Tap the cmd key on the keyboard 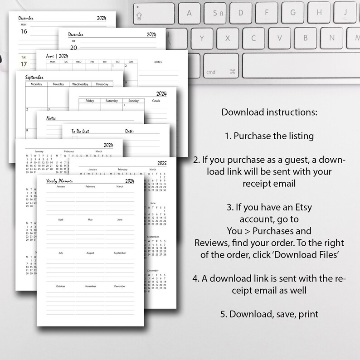click(x=221, y=66)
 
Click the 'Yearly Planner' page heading click(x=59, y=181)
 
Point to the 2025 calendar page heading click(x=161, y=162)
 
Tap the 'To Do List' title click(x=80, y=131)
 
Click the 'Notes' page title click(x=51, y=118)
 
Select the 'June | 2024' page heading click(x=57, y=56)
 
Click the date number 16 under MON click(x=24, y=31)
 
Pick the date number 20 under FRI click(x=73, y=47)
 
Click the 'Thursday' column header click(x=102, y=84)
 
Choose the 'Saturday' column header click(x=112, y=101)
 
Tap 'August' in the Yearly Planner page click(x=90, y=253)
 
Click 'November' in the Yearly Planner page click(x=90, y=286)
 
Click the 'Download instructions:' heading click(x=269, y=112)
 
